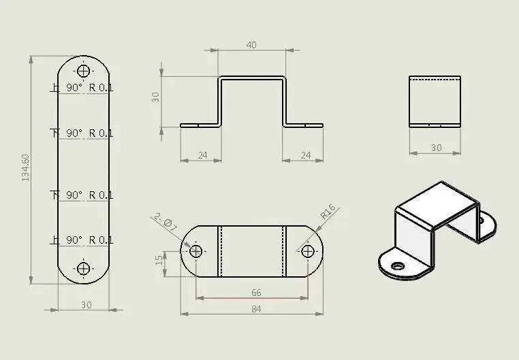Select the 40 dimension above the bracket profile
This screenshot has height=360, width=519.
pos(251,45)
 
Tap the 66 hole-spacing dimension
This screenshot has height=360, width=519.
pos(256,293)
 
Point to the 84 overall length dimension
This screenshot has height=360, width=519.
pos(256,308)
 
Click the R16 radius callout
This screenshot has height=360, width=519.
pos(328,212)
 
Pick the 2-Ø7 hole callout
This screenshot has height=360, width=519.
pos(166,222)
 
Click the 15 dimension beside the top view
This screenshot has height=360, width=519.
pos(159,260)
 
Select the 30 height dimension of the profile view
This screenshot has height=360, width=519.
pos(155,96)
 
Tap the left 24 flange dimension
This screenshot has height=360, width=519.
pos(202,155)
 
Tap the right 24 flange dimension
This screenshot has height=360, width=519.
pos(305,155)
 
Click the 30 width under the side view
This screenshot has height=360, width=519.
pos(436,148)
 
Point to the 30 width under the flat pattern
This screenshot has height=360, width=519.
pos(86,305)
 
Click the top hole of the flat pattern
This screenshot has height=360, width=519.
pos(84,71)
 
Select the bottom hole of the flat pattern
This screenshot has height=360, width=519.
pos(84,268)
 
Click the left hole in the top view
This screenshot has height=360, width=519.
pos(196,251)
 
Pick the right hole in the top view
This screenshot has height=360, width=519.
pos(307,251)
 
